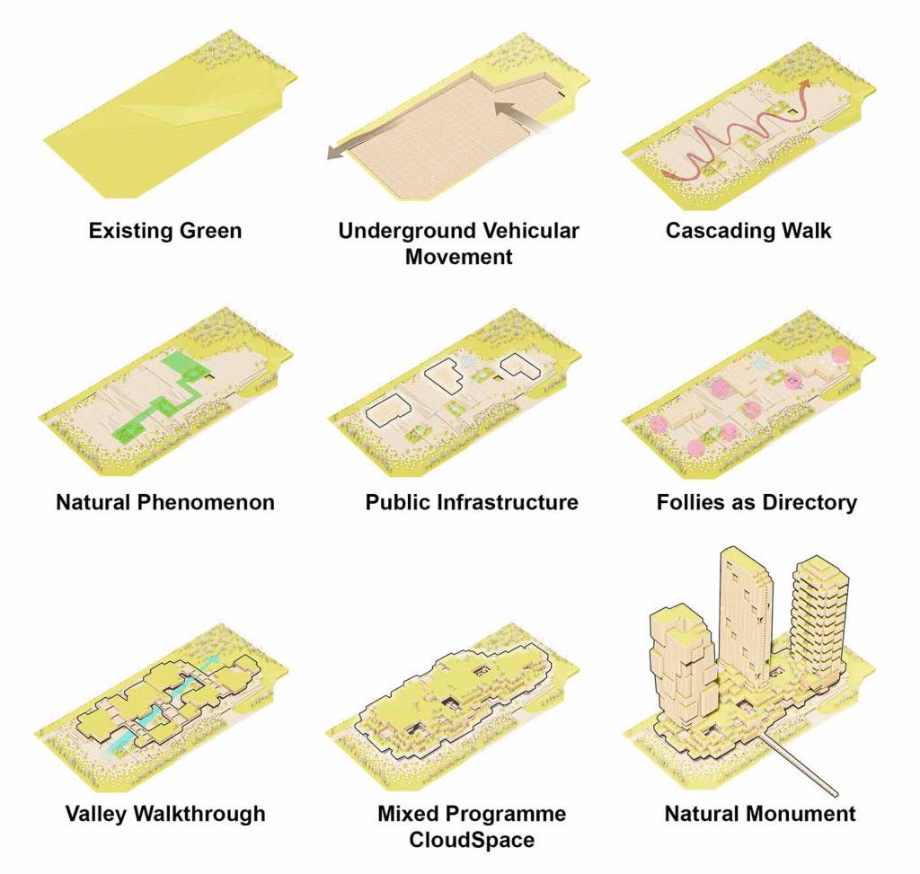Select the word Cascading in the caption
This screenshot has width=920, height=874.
tap(713, 231)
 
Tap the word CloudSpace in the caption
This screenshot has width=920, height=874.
tap(472, 839)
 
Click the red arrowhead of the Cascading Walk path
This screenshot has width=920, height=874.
tap(804, 84)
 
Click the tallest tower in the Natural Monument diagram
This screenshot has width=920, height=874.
tap(745, 616)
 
